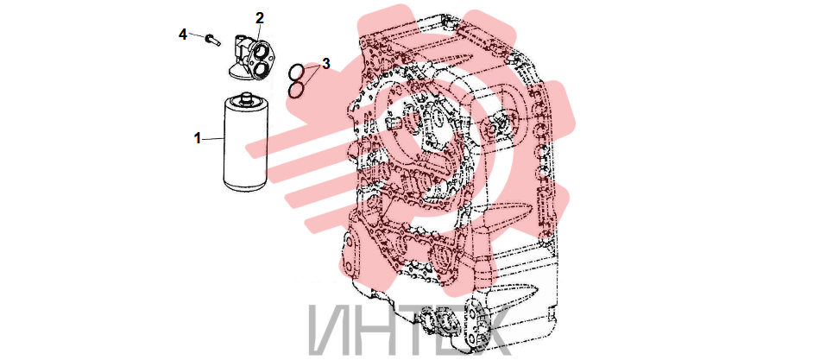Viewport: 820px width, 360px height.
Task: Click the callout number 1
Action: pos(197,139)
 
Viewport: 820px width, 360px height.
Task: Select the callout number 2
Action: pos(260,18)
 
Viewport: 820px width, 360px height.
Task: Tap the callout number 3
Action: pos(325,64)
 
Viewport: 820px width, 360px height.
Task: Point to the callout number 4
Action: pos(182,35)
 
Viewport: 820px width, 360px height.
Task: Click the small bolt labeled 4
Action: pos(211,39)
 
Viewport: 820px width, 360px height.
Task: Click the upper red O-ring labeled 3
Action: pos(297,71)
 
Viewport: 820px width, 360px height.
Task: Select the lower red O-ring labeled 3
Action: pos(297,90)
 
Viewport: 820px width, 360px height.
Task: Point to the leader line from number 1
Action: pos(213,139)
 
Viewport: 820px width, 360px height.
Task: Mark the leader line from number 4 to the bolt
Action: pos(198,36)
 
